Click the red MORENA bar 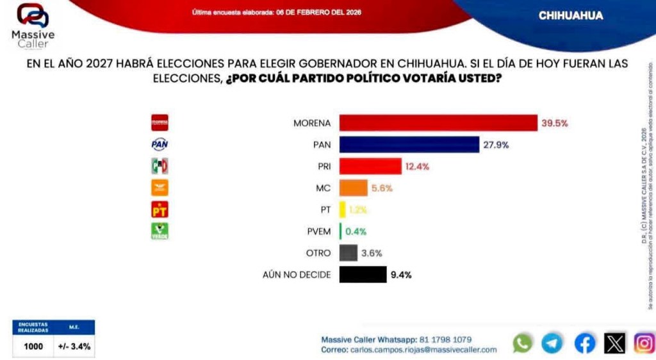(x=438, y=122)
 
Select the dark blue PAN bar (x=409, y=144)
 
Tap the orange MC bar (x=353, y=188)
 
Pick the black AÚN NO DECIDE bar (x=363, y=275)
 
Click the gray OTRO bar (x=348, y=253)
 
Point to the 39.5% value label (x=555, y=123)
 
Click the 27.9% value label (x=496, y=145)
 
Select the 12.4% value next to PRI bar (x=417, y=167)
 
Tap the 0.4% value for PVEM (x=356, y=231)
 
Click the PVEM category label (x=318, y=231)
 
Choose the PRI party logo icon (x=160, y=167)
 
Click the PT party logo (x=160, y=209)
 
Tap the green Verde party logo (x=160, y=231)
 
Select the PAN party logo (x=160, y=145)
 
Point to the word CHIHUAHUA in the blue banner (x=570, y=15)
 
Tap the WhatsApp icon (x=523, y=343)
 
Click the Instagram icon (x=644, y=343)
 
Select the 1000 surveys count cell (x=33, y=347)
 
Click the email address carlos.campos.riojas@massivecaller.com (x=423, y=350)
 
